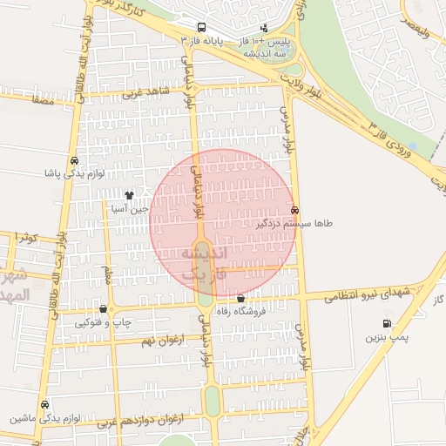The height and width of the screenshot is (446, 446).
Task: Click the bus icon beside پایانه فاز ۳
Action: click(202, 28)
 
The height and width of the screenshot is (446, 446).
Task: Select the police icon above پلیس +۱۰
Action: click(264, 28)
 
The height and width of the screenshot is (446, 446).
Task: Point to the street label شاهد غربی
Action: click(145, 91)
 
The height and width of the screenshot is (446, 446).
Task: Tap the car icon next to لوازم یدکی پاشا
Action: click(75, 161)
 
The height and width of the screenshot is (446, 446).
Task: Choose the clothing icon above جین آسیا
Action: click(129, 196)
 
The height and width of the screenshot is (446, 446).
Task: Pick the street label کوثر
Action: click(27, 237)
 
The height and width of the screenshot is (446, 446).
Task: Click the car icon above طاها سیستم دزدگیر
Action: click(295, 211)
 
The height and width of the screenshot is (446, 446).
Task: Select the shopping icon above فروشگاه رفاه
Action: click(241, 299)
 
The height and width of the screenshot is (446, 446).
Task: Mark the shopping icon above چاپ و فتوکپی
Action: click(104, 309)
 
